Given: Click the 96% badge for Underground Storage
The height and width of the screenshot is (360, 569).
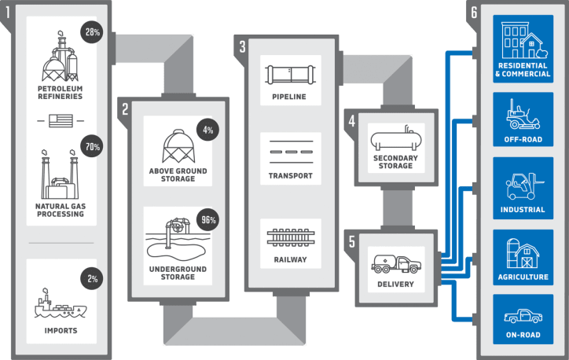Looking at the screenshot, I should click(x=207, y=221).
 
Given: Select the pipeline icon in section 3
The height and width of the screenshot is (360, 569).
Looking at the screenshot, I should click(x=291, y=75).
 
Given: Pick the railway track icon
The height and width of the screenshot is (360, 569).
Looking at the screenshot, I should click(x=291, y=237).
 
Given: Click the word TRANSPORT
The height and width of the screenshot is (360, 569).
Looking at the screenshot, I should click(x=291, y=175).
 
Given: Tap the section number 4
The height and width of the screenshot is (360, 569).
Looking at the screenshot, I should click(x=353, y=121).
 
